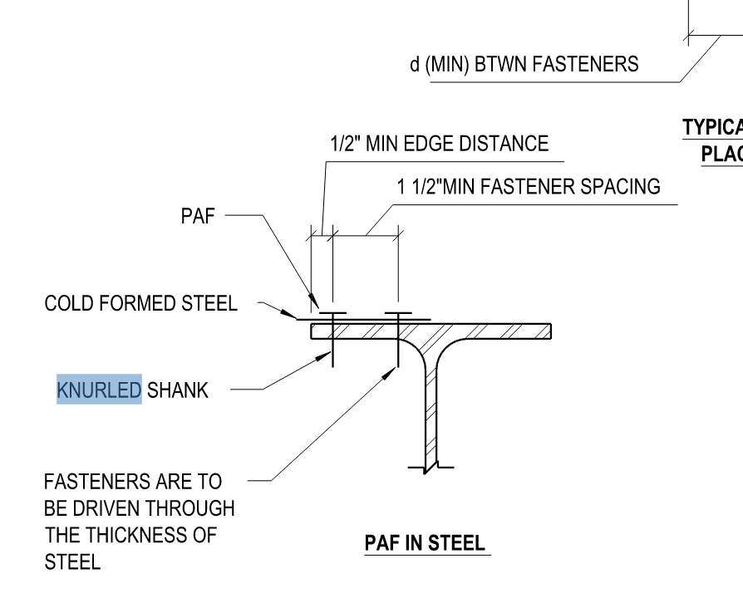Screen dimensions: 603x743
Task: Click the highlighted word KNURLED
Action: [x=99, y=389]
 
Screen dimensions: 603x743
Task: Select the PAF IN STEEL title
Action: [x=425, y=544]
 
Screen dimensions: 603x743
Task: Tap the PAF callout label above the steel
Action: [x=197, y=217]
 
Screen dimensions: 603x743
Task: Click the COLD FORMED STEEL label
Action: [x=140, y=303]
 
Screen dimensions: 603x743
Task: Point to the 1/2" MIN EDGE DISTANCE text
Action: [x=439, y=144]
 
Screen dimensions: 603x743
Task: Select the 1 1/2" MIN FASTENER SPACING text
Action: [x=529, y=187]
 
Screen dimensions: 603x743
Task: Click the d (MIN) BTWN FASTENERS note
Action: [x=524, y=64]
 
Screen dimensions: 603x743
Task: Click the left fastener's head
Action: [x=332, y=314]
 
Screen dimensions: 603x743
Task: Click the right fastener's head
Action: [x=398, y=314]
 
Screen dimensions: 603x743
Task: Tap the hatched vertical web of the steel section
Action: [x=432, y=407]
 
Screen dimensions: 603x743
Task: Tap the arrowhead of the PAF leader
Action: [x=314, y=301]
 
